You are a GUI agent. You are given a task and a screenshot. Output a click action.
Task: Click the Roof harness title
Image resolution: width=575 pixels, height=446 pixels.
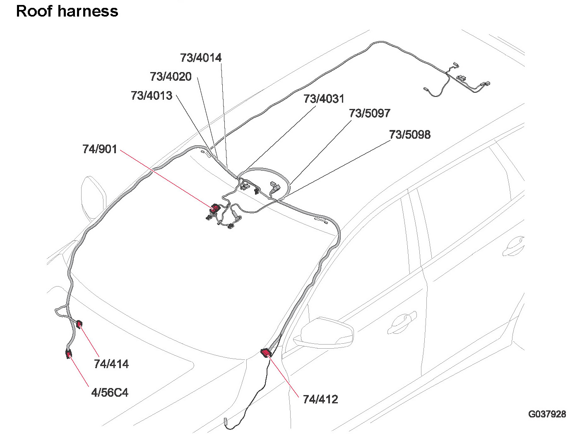(x=67, y=11)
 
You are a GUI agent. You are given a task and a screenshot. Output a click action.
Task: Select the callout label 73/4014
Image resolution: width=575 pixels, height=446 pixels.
(x=201, y=58)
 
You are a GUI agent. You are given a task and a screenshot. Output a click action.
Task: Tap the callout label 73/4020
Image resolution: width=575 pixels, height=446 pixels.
(x=171, y=77)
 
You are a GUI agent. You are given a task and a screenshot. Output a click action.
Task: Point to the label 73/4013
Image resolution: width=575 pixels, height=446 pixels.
(x=152, y=96)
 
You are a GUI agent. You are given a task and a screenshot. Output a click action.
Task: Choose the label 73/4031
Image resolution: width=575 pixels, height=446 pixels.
(x=324, y=99)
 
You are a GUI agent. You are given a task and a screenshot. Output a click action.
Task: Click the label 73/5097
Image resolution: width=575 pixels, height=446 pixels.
(x=370, y=113)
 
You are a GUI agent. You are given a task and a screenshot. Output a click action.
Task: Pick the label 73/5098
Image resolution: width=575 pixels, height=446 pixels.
(x=410, y=135)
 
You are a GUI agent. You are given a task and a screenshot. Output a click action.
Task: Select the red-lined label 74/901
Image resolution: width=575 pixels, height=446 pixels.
(x=100, y=149)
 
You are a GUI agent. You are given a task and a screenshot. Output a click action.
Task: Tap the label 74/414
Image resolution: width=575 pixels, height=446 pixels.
(x=111, y=364)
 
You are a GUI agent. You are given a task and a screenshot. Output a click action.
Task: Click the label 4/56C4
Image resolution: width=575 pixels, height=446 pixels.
(x=110, y=392)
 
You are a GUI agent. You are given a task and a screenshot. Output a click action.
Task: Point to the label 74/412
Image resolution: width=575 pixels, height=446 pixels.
(x=320, y=400)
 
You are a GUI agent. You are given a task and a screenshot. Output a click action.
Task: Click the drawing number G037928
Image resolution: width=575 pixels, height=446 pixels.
(x=547, y=414)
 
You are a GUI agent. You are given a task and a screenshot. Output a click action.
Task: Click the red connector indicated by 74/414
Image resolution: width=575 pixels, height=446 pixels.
(x=79, y=323)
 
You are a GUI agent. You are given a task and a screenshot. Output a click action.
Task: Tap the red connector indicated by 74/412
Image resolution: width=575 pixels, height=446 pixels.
(x=266, y=352)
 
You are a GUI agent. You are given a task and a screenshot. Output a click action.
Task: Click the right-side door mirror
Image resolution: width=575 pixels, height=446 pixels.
(x=327, y=333)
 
